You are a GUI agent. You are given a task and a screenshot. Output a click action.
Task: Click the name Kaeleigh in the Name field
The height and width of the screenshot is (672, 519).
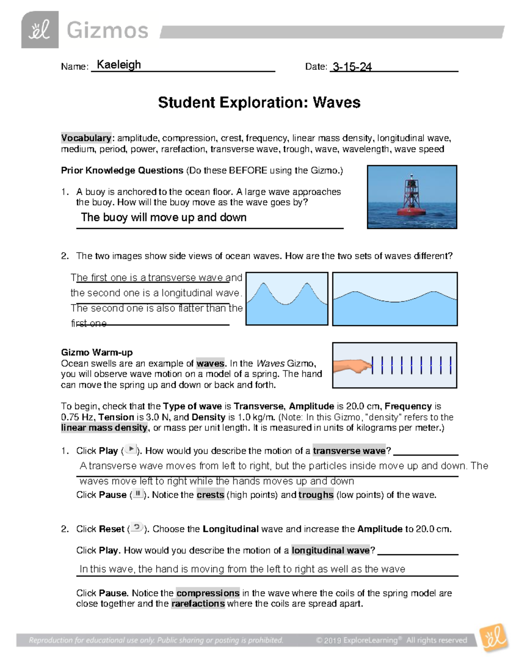pos(119,65)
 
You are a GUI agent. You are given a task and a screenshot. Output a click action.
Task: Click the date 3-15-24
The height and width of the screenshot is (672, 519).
pos(351,67)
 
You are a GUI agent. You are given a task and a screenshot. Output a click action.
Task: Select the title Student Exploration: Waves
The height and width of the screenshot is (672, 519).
pos(259,103)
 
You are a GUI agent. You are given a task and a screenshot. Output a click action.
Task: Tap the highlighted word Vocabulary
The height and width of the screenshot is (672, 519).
pos(86,138)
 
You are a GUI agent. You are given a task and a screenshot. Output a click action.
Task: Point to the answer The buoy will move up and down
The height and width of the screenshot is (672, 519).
pos(163,217)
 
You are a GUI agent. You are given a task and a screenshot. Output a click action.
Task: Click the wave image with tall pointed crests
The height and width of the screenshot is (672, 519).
pos(287,299)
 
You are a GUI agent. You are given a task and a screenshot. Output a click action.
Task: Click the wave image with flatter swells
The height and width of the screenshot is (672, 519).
pos(394,299)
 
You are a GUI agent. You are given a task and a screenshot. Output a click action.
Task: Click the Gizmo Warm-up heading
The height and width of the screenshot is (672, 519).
pos(97,352)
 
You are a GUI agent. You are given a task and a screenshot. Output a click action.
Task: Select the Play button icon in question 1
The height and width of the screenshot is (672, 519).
pos(131,450)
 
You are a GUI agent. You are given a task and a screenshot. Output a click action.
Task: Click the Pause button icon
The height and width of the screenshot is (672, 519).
pos(138,494)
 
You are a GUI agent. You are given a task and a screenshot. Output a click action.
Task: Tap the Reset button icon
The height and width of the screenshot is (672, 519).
pos(137,527)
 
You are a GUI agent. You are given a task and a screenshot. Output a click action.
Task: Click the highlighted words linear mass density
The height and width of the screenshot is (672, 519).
pos(104,428)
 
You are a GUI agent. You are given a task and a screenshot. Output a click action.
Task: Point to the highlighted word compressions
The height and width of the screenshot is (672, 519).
pos(208,593)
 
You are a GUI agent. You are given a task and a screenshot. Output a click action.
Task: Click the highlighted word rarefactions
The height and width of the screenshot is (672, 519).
pos(198,604)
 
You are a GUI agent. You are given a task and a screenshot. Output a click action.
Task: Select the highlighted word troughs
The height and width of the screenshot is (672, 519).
pos(316,495)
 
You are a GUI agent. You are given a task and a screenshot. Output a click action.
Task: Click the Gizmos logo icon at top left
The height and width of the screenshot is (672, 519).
pos(40,30)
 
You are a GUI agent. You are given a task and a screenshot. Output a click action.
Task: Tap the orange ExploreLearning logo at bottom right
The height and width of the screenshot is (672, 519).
pos(493,637)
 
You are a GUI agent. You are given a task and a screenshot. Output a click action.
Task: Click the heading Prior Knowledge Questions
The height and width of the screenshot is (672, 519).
pos(122,170)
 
